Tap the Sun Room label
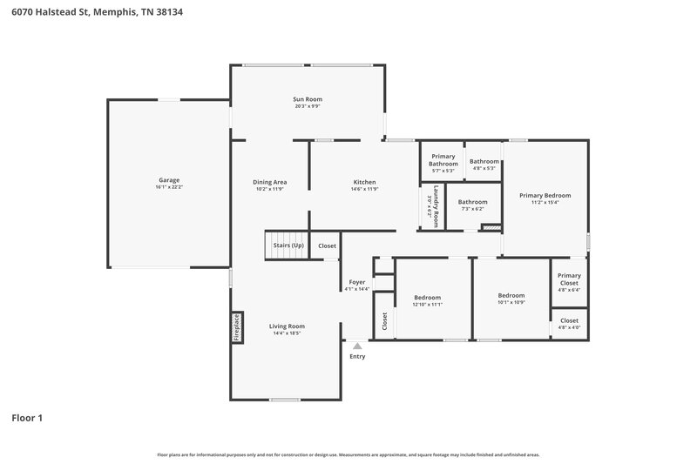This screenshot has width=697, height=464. pos(308,100)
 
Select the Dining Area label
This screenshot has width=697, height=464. pos(270,182)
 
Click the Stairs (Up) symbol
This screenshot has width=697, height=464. pos(288,245)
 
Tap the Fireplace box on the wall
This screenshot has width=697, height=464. pos(235,328)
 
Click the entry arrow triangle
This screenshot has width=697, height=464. pos(357,346)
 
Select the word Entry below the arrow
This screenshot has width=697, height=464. pos(357,356)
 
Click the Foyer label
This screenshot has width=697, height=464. pos(357,282)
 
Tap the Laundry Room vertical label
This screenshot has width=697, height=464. pos(429,206)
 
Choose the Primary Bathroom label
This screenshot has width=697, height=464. pos(443,159)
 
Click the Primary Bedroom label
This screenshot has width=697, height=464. pos(545,196)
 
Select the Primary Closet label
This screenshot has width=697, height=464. pos(569,279)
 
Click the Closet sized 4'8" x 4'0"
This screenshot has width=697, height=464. pos(569,323)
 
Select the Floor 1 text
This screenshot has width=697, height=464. pos(27,418)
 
